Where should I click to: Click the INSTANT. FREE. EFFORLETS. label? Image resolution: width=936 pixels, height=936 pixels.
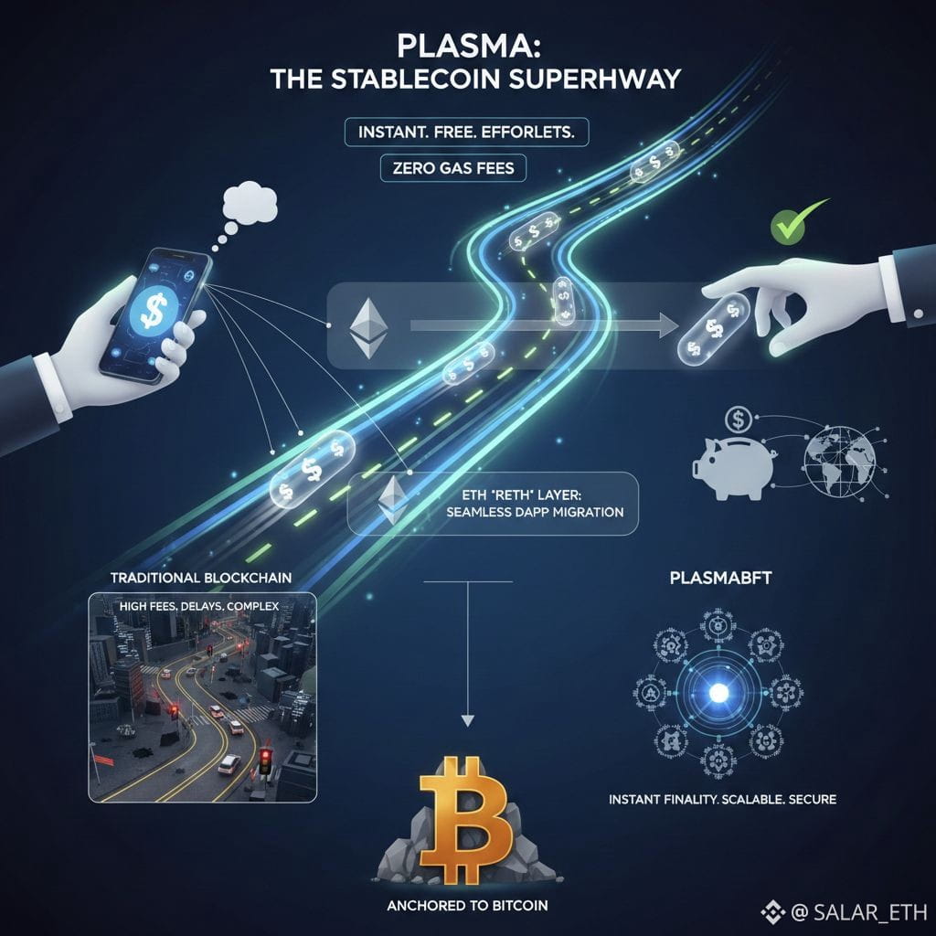[467, 132]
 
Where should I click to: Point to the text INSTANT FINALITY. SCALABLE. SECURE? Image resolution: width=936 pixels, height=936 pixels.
[722, 799]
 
